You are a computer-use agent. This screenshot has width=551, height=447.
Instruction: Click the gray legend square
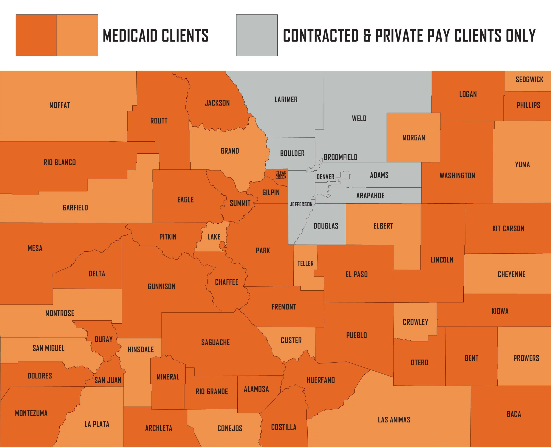click(x=257, y=35)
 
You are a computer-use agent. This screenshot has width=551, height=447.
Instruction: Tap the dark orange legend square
click(x=36, y=35)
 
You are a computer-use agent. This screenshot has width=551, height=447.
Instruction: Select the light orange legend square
click(x=77, y=35)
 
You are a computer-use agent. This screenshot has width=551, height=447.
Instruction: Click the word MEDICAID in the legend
click(x=130, y=36)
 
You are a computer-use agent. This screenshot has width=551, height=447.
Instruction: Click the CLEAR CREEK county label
click(x=281, y=175)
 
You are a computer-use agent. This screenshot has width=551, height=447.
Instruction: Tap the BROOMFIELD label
click(x=341, y=157)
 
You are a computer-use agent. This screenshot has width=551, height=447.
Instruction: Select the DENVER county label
click(x=325, y=177)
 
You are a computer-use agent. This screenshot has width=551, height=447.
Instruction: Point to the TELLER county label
click(x=306, y=263)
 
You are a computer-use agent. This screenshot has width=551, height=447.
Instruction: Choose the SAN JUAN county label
click(x=108, y=380)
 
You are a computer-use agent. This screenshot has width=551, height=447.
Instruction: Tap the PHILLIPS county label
click(x=528, y=105)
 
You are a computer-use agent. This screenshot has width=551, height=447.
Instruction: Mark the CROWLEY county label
click(x=415, y=322)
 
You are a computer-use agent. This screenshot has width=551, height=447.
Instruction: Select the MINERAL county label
click(x=168, y=377)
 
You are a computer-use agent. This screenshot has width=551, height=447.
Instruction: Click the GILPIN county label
click(x=271, y=192)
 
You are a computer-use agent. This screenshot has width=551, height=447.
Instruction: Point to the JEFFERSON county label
click(x=301, y=204)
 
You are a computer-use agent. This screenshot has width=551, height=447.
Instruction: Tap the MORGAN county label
click(x=414, y=138)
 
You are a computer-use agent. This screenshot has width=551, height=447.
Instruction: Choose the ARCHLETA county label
click(x=159, y=428)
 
